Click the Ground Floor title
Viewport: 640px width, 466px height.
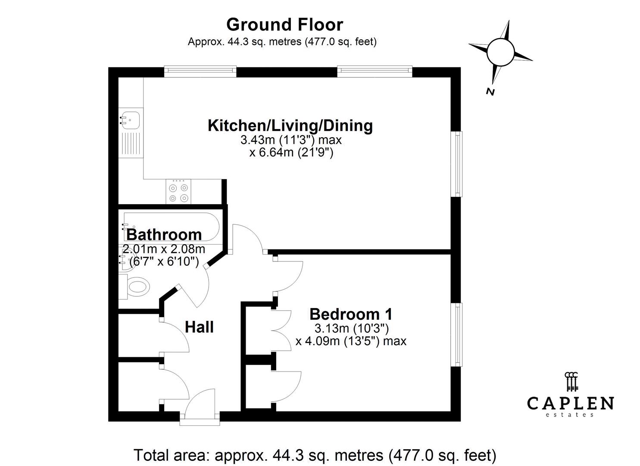click(x=284, y=25)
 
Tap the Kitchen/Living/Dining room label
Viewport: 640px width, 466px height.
click(x=290, y=126)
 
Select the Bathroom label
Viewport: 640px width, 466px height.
click(x=164, y=235)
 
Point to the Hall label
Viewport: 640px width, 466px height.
click(x=199, y=327)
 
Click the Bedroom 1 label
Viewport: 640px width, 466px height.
click(x=351, y=314)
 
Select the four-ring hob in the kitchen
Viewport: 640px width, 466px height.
click(x=178, y=192)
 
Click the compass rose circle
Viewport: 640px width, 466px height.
click(x=500, y=53)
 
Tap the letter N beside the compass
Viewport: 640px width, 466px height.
click(x=490, y=92)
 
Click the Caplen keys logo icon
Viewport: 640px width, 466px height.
click(x=571, y=381)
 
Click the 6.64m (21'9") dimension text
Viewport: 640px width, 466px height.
click(x=291, y=152)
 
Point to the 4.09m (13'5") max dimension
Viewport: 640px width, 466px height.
click(x=351, y=341)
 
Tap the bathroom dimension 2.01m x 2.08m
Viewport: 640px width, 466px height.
click(x=164, y=249)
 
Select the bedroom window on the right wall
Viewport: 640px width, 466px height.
click(x=456, y=335)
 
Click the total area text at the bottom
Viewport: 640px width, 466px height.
click(x=315, y=455)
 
